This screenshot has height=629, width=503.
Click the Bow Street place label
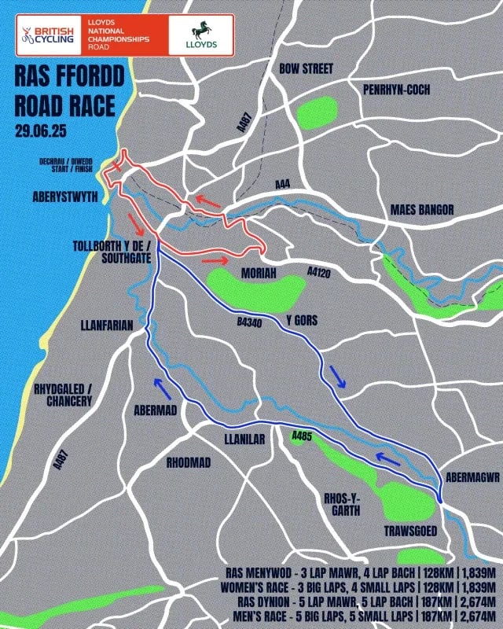click(306, 68)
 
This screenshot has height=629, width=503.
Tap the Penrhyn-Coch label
click(396, 90)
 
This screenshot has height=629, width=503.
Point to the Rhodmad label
click(189, 462)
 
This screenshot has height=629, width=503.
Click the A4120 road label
click(318, 273)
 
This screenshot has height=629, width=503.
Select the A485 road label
click(302, 436)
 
